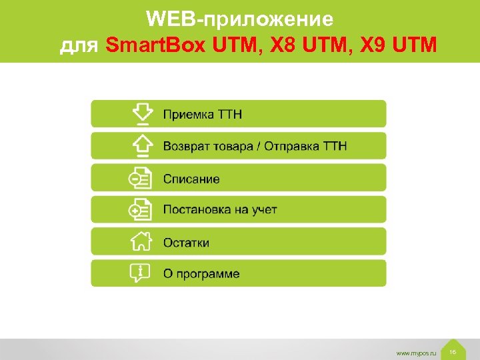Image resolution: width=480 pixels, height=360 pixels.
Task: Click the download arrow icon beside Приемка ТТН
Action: tap(141, 114)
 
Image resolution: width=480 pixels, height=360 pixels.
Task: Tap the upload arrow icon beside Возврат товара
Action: tap(141, 145)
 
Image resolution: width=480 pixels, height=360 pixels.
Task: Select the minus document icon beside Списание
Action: tap(141, 178)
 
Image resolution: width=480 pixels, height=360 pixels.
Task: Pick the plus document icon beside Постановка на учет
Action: tap(141, 209)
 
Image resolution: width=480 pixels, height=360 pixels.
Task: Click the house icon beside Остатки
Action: tap(141, 241)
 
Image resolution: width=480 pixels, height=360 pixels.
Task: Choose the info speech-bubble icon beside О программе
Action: tap(141, 273)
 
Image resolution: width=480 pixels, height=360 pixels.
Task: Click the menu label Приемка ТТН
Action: tap(203, 115)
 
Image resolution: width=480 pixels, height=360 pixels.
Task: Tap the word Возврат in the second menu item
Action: tap(183, 146)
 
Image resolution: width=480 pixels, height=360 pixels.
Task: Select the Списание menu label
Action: tap(191, 179)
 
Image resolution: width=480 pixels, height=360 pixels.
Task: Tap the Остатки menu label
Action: tap(186, 242)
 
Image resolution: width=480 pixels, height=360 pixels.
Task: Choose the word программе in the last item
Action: tap(209, 274)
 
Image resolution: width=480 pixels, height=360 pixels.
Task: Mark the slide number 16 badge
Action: tap(453, 351)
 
